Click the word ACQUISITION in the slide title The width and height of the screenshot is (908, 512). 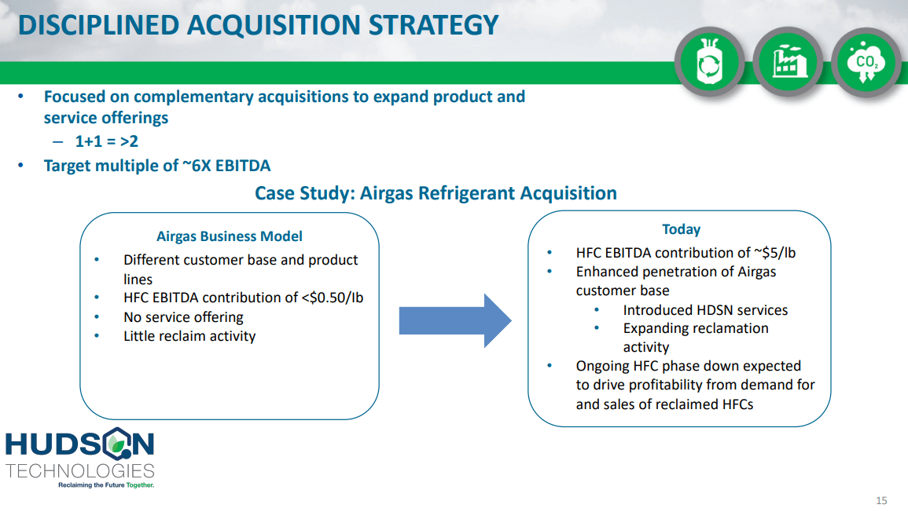pyautogui.click(x=274, y=25)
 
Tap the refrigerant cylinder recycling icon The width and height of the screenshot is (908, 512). pyautogui.click(x=709, y=62)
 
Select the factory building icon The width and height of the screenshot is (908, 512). pyautogui.click(x=788, y=62)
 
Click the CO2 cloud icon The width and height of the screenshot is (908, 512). pyautogui.click(x=866, y=62)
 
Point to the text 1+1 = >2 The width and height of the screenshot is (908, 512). pyautogui.click(x=107, y=141)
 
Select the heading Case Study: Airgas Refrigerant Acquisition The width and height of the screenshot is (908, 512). pyautogui.click(x=436, y=193)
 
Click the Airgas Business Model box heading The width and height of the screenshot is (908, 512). pyautogui.click(x=230, y=236)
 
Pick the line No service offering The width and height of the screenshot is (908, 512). pyautogui.click(x=183, y=317)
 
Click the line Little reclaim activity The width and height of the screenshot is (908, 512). pyautogui.click(x=189, y=336)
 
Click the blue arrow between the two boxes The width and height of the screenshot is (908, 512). pyautogui.click(x=455, y=320)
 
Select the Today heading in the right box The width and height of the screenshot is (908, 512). pyautogui.click(x=681, y=229)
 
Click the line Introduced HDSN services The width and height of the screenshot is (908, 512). pyautogui.click(x=705, y=310)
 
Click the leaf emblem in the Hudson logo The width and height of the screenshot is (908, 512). pyautogui.click(x=118, y=444)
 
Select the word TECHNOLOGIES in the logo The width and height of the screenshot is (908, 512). pyautogui.click(x=80, y=471)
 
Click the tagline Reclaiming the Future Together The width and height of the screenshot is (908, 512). pyautogui.click(x=106, y=485)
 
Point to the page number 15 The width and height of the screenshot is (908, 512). pyautogui.click(x=881, y=500)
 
